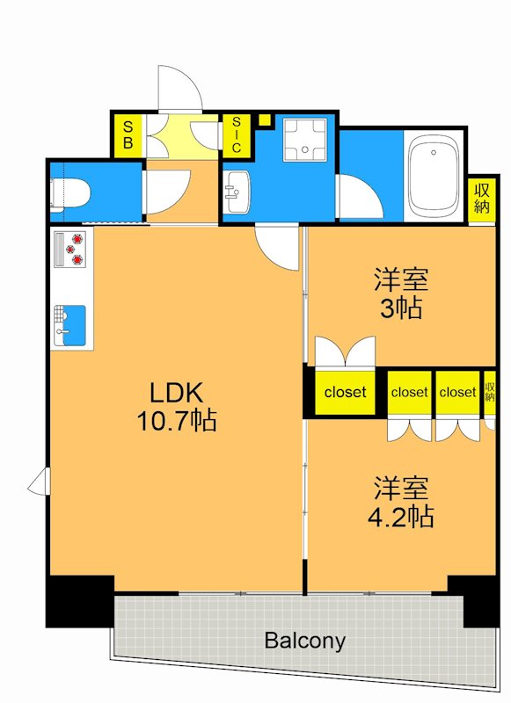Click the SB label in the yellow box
coord(128,135)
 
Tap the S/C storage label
coord(236,135)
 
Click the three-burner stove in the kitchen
coord(72,249)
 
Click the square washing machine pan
coord(304,140)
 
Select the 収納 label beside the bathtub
coord(481,198)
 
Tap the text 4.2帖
coord(401,515)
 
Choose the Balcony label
coord(305,641)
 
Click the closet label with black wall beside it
coord(345,393)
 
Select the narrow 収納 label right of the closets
coord(490,392)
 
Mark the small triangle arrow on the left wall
coord(40,482)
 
